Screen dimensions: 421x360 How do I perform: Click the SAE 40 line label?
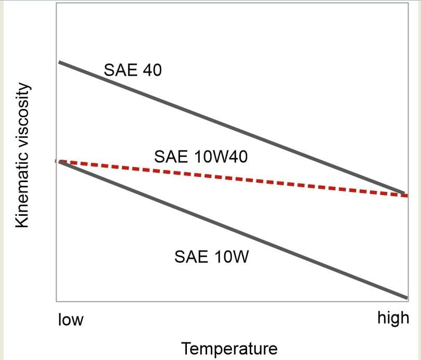pyautogui.click(x=133, y=70)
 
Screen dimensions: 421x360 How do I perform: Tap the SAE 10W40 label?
pyautogui.click(x=201, y=156)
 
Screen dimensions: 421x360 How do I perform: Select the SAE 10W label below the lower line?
pyautogui.click(x=212, y=256)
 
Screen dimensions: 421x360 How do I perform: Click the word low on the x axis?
pyautogui.click(x=71, y=319)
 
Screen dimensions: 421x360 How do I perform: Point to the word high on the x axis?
pyautogui.click(x=393, y=318)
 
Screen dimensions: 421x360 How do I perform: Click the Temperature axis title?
pyautogui.click(x=229, y=349)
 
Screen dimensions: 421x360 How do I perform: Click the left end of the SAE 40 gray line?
pyautogui.click(x=60, y=62)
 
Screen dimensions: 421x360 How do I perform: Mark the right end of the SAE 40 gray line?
pyautogui.click(x=404, y=193)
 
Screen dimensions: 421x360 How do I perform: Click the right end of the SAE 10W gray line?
pyautogui.click(x=407, y=298)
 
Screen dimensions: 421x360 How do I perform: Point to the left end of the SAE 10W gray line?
pyautogui.click(x=60, y=162)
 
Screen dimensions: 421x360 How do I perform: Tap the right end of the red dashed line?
pyautogui.click(x=408, y=196)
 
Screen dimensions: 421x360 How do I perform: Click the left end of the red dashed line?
pyautogui.click(x=56, y=161)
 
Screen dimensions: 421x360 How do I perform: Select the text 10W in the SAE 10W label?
pyautogui.click(x=232, y=256)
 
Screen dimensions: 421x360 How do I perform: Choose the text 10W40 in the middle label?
pyautogui.click(x=221, y=156)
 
